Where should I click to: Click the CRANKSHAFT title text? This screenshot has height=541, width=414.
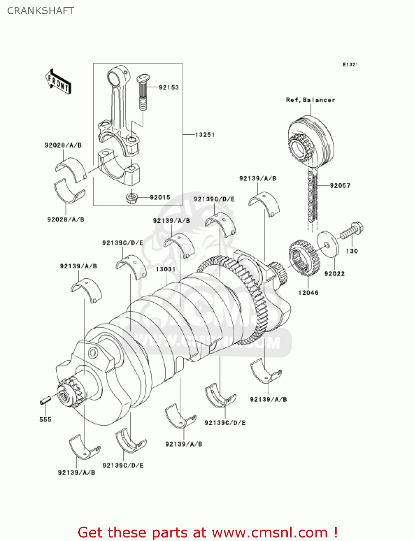coord(40,11)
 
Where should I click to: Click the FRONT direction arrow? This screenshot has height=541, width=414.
coord(58,82)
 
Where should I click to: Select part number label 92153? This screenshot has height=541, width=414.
coord(169,87)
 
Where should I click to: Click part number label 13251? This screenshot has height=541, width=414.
coord(205,135)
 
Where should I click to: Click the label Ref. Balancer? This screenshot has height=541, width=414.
coord(310,100)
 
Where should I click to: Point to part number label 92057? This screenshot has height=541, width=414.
coord(340,185)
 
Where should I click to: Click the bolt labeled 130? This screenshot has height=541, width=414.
coord(352,231)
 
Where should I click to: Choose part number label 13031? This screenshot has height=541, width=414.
coord(166,269)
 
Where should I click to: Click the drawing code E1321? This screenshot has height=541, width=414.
coord(350,65)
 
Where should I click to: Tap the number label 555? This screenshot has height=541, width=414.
coord(45,419)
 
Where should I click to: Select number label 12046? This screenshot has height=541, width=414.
coord(308,293)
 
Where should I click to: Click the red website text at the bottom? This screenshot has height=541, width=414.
coord(208,532)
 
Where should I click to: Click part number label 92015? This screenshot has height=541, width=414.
coord(160,197)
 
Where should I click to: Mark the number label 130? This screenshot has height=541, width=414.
coord(352,251)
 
